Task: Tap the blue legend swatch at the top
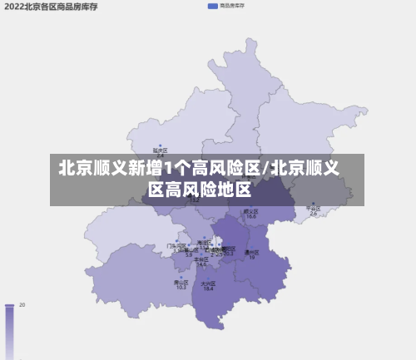click(213, 6)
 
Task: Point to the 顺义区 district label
click(250, 211)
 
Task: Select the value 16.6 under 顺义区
click(250, 217)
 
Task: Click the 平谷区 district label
click(314, 209)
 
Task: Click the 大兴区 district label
click(208, 283)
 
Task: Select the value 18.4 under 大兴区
click(208, 288)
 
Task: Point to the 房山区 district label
click(181, 281)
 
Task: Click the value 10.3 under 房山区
click(181, 287)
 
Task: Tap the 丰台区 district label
click(201, 259)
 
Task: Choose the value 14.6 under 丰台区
click(201, 264)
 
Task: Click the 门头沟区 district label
click(176, 245)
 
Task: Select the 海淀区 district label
click(203, 242)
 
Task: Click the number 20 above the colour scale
click(22, 305)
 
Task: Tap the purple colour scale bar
click(10, 333)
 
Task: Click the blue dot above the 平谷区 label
click(314, 203)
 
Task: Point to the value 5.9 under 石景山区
click(188, 254)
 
